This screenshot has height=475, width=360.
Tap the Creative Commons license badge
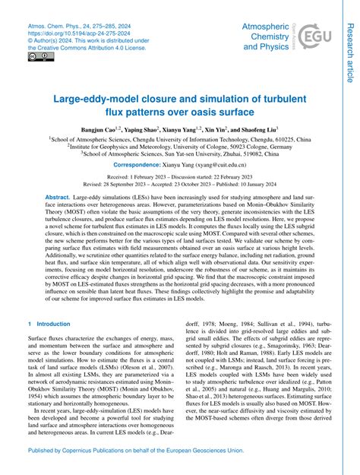pos(36,56)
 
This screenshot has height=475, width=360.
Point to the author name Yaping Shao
pos(163,130)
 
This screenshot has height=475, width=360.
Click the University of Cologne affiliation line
pos(180,147)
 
